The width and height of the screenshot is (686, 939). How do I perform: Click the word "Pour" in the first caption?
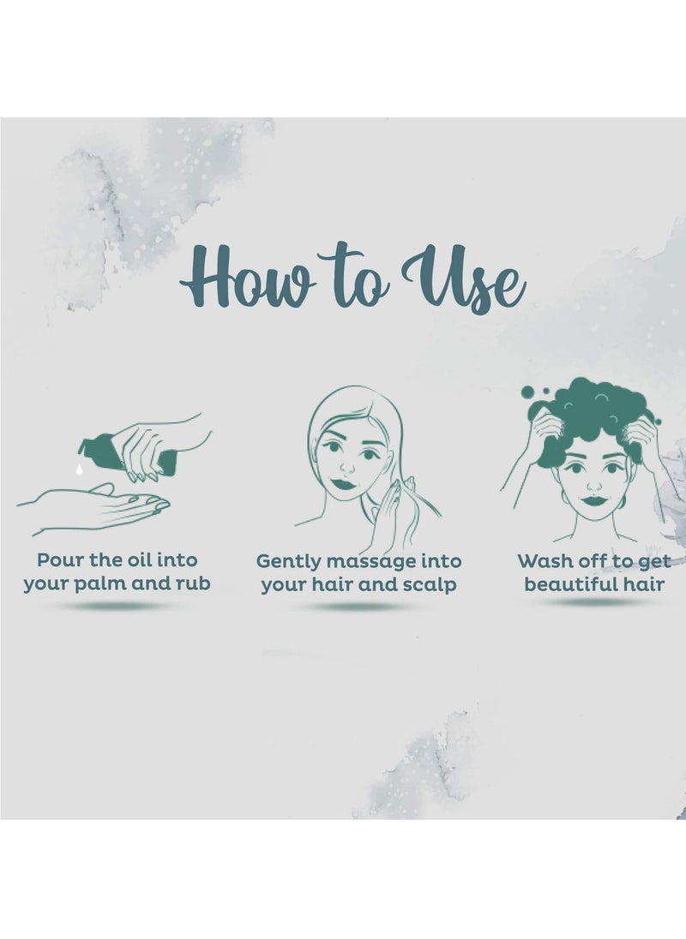60,560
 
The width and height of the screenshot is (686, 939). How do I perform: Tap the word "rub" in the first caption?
193,583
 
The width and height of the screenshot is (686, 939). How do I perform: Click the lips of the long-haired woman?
344,483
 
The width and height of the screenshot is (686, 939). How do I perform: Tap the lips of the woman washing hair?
594,500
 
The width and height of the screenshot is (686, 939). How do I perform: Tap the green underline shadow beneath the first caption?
113,606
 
